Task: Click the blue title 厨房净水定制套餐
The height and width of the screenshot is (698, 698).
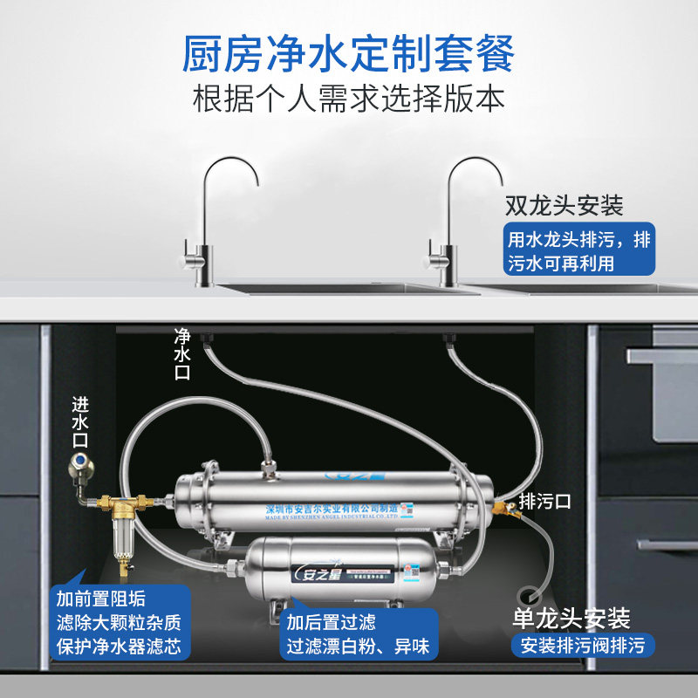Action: tap(348, 54)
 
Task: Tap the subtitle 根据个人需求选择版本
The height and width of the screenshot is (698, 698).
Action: tap(348, 97)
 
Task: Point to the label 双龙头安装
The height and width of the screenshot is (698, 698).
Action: tap(565, 206)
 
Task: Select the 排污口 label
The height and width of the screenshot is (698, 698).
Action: tap(544, 502)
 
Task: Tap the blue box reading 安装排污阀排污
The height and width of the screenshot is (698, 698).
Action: tap(581, 647)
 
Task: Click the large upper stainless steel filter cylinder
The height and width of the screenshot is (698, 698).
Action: tap(332, 503)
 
